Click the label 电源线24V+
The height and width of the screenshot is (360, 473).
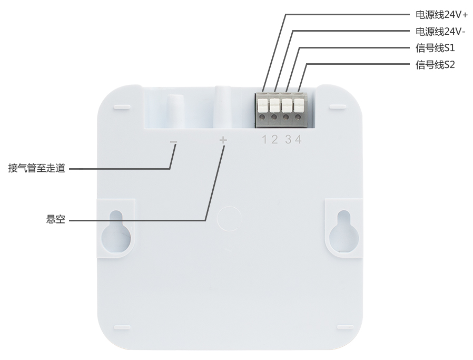[441, 14]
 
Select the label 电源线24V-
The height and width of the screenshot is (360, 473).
[440, 31]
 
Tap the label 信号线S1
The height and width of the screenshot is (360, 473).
[435, 47]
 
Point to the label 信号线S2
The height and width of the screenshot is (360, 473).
[435, 65]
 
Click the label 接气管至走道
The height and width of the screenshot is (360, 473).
[36, 168]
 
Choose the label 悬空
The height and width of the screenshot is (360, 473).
[55, 219]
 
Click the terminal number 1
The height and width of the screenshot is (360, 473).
[264, 139]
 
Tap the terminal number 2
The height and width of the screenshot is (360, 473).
[274, 139]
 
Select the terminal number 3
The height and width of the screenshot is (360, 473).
[289, 139]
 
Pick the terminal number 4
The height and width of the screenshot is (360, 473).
[298, 139]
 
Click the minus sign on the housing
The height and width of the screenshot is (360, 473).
[173, 142]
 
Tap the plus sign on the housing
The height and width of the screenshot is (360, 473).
[223, 140]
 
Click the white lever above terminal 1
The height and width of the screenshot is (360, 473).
[262, 105]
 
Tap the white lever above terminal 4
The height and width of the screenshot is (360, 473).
[299, 105]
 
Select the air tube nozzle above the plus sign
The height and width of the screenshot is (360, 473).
[223, 106]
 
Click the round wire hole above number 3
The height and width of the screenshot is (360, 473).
[286, 117]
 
